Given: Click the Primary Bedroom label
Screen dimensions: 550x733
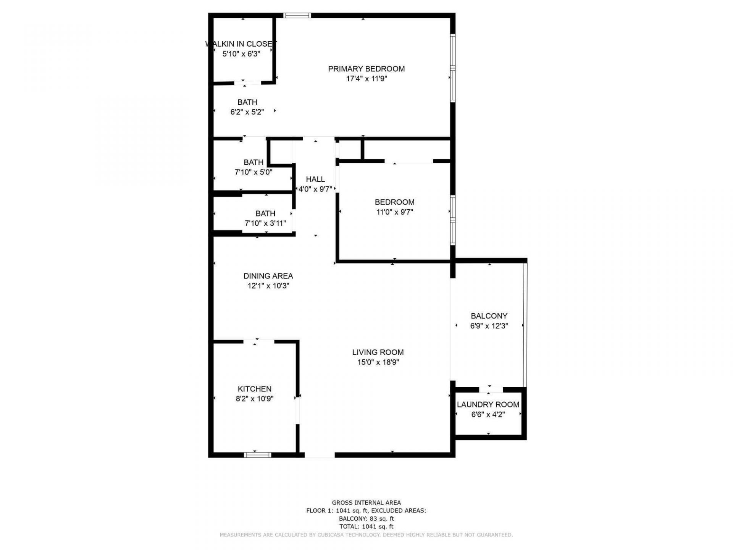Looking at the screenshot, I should click(x=366, y=69).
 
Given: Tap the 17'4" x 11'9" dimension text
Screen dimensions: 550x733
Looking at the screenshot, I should click(x=366, y=79).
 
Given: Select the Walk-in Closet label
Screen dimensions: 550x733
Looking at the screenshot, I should click(x=241, y=44).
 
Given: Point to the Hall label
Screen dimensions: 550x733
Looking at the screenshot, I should click(x=315, y=179).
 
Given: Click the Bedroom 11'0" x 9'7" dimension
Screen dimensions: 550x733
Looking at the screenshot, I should click(x=394, y=212).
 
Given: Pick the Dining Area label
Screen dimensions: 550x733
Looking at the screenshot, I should click(x=268, y=276).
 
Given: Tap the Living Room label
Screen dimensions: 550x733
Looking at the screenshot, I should click(x=378, y=352).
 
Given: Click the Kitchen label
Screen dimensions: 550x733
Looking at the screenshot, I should click(x=254, y=389).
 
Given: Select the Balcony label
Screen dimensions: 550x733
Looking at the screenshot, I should click(x=489, y=316).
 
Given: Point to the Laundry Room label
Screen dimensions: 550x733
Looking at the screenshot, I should click(x=488, y=404).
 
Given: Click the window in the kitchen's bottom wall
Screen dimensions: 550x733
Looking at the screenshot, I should click(x=258, y=455).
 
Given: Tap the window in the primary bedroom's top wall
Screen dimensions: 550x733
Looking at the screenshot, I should click(x=297, y=16).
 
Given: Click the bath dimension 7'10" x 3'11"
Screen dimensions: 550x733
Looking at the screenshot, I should click(x=265, y=223).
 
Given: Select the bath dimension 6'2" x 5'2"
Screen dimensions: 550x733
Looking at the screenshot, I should click(x=247, y=112).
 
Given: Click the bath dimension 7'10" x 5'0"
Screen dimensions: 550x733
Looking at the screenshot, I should click(x=253, y=172).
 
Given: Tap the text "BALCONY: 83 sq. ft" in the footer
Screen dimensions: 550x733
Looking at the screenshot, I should click(x=366, y=519).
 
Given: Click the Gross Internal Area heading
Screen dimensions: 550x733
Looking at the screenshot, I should click(x=366, y=503).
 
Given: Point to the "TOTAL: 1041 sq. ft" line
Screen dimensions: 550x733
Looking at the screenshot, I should click(x=366, y=527).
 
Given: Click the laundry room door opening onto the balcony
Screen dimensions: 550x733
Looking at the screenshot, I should click(x=491, y=390).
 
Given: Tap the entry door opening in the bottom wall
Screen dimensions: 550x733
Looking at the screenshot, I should click(x=320, y=455).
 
